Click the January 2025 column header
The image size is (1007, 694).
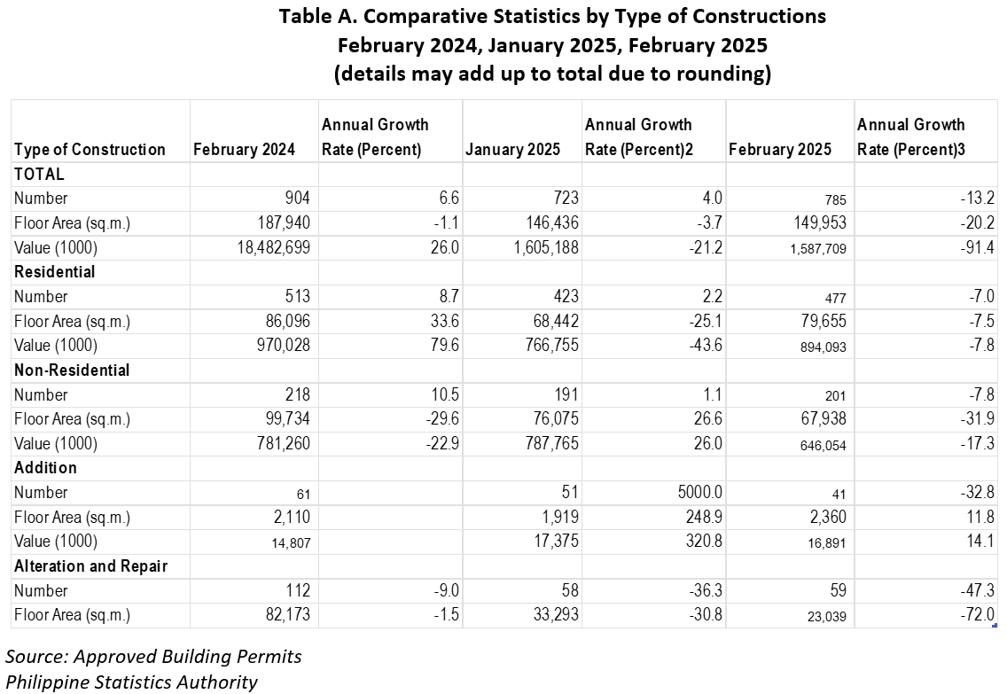(x=512, y=150)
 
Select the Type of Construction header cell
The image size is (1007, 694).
(x=90, y=150)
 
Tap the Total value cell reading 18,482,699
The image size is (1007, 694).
(x=274, y=248)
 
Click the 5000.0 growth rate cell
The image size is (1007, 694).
(x=700, y=493)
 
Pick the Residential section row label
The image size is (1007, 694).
(x=55, y=272)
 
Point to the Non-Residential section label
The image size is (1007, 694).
(x=72, y=370)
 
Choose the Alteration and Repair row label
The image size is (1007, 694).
(x=91, y=566)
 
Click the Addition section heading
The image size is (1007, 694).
(x=45, y=468)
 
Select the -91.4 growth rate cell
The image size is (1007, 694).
(x=977, y=248)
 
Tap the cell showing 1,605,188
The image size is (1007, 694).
(x=547, y=248)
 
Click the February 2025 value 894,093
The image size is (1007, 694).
(x=824, y=347)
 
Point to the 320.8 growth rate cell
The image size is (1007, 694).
(x=704, y=542)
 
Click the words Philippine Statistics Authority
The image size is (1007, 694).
(x=132, y=682)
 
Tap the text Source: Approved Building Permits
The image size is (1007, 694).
(x=153, y=657)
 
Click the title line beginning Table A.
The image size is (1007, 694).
(x=552, y=16)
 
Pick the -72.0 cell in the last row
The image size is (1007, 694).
(x=977, y=615)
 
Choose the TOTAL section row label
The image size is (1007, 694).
(x=39, y=174)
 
